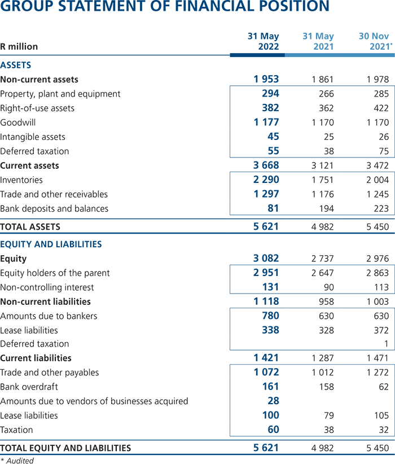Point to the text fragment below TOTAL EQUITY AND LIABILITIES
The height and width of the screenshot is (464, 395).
point(23,459)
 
